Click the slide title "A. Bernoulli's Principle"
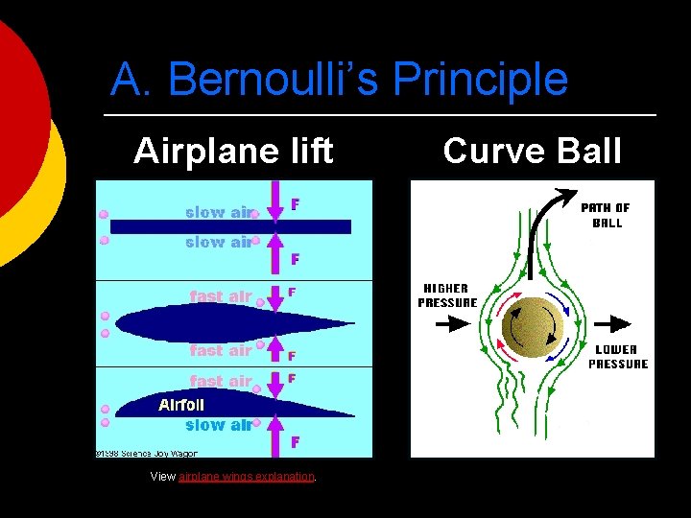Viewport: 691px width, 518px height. click(x=339, y=80)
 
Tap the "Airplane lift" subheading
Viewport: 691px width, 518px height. click(x=233, y=152)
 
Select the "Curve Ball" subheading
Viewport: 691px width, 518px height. click(x=533, y=152)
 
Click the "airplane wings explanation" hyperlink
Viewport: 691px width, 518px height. click(x=247, y=477)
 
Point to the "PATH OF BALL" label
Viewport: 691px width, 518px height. click(x=607, y=215)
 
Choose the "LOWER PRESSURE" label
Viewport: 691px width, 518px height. click(x=618, y=357)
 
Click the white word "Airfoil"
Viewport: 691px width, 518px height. click(x=181, y=406)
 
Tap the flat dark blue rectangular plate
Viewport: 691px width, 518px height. click(x=230, y=226)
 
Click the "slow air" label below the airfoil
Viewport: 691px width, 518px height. click(x=219, y=425)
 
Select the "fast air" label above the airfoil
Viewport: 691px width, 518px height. click(x=220, y=381)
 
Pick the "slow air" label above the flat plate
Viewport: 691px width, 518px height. click(x=219, y=212)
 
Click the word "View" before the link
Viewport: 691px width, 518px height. click(x=163, y=477)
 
